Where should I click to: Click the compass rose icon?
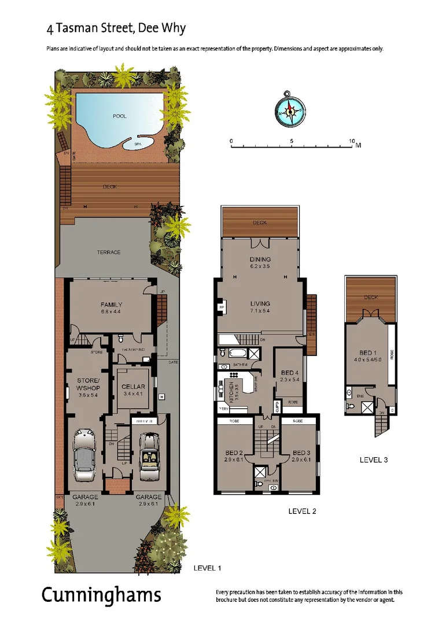[x=290, y=108]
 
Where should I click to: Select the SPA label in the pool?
[x=138, y=144]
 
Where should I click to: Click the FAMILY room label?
[x=111, y=305]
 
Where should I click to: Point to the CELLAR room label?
[x=133, y=387]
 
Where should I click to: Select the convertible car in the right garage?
[x=149, y=455]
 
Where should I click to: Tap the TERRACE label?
[x=109, y=252]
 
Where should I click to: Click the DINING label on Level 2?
[x=260, y=260]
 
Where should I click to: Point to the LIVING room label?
[x=260, y=303]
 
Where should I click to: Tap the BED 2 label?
[x=233, y=453]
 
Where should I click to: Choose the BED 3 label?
[x=300, y=453]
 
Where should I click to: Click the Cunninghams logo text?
[x=101, y=595]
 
